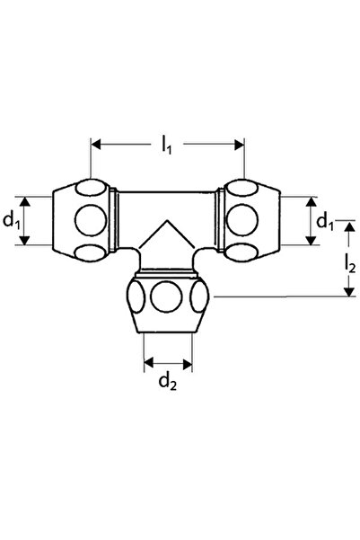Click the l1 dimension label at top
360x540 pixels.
167,146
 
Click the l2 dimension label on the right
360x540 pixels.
349,263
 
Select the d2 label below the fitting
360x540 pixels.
168,382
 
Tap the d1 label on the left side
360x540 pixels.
11,220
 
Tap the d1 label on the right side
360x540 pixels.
325,221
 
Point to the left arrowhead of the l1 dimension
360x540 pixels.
96,145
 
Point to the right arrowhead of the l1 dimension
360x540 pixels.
239,145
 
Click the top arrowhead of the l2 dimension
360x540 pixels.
349,227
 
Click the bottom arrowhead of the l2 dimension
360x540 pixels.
349,291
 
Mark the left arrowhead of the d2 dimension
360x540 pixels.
149,363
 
